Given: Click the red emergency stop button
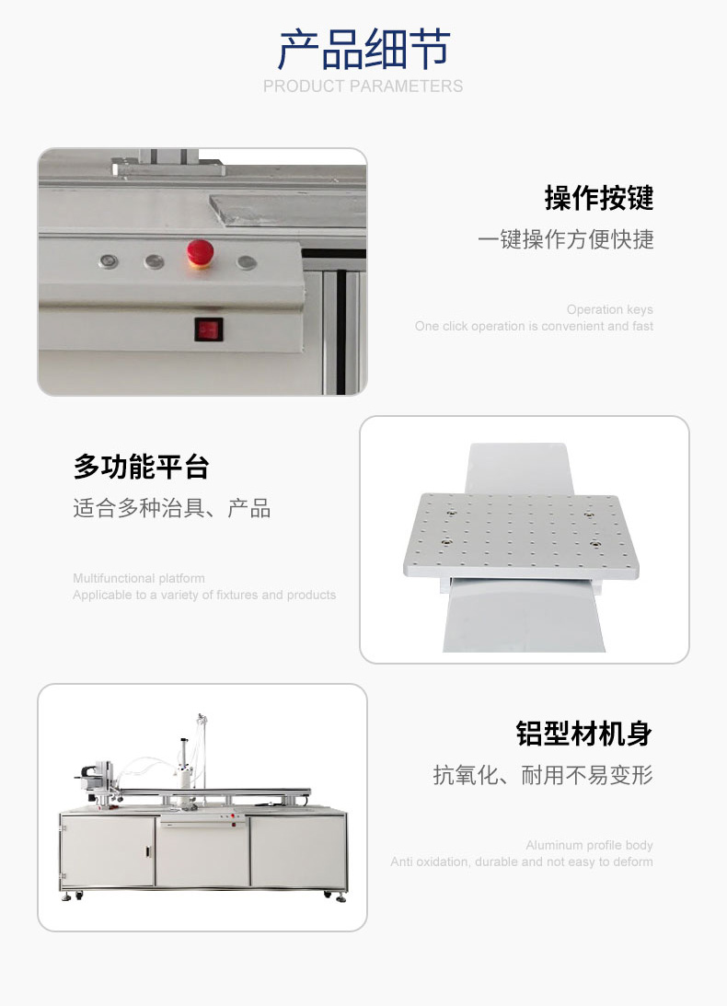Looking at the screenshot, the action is (201, 253).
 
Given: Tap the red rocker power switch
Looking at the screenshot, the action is (209, 330).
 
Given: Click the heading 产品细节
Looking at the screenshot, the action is (363, 50).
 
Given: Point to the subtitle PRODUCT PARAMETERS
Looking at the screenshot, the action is (363, 86).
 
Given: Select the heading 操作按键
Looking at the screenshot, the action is (599, 198).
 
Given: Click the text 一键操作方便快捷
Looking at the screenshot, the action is (565, 239).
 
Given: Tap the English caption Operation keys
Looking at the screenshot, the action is (609, 309).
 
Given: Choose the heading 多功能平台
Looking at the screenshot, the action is (141, 467).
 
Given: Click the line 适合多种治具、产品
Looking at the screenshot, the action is (171, 508).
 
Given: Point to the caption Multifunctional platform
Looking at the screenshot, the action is (139, 578).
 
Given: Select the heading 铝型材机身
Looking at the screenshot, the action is (584, 734).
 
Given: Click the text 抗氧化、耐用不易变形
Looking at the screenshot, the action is (543, 775).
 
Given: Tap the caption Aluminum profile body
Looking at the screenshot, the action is (589, 845).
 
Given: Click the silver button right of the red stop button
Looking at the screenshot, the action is (247, 261).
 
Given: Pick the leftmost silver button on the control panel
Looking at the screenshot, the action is (109, 261).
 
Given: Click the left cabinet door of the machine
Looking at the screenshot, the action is (108, 850).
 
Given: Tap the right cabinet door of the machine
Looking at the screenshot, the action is (298, 850).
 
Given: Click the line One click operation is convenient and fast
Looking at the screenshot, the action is (534, 326).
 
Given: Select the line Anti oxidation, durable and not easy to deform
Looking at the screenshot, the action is (522, 861).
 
